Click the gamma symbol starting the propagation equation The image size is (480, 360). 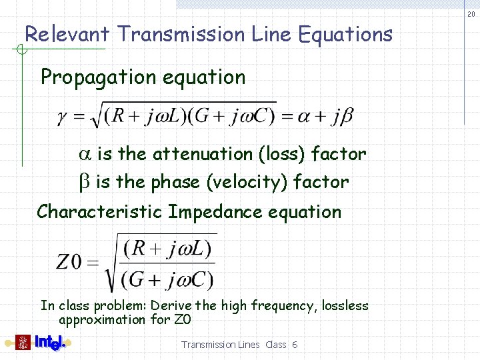[61, 117]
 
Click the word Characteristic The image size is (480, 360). [99, 212]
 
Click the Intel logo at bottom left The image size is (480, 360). [49, 343]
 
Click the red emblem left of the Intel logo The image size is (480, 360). [23, 343]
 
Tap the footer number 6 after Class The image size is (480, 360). [295, 345]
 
